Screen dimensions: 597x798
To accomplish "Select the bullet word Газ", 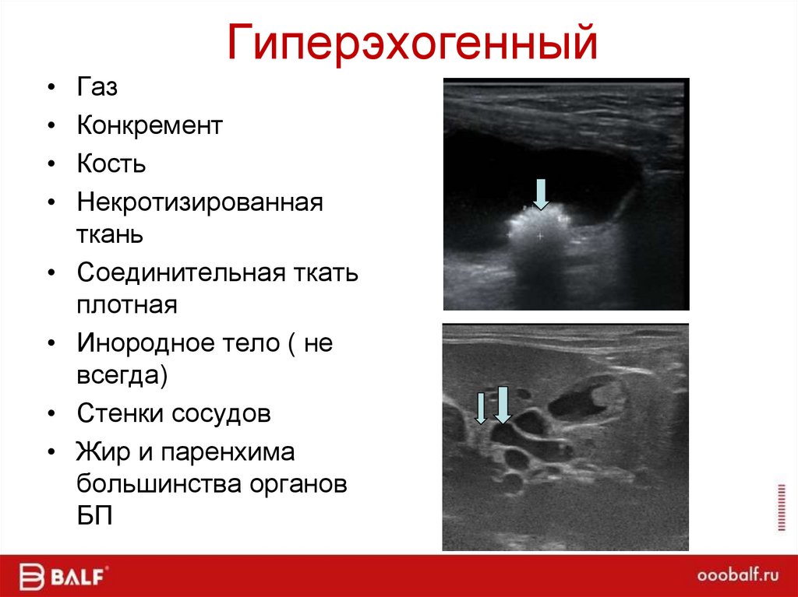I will tap(97, 87).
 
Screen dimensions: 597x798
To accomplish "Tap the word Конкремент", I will tap(150, 125).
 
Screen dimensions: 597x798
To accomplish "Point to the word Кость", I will tap(111, 164).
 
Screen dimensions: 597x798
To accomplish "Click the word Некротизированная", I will tap(199, 203).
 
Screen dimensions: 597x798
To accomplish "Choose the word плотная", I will tap(127, 304).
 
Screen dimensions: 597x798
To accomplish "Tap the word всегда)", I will tap(122, 374).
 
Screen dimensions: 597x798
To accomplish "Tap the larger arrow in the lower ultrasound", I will tap(503, 404).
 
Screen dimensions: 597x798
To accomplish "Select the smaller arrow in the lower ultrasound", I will tap(481, 409).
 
